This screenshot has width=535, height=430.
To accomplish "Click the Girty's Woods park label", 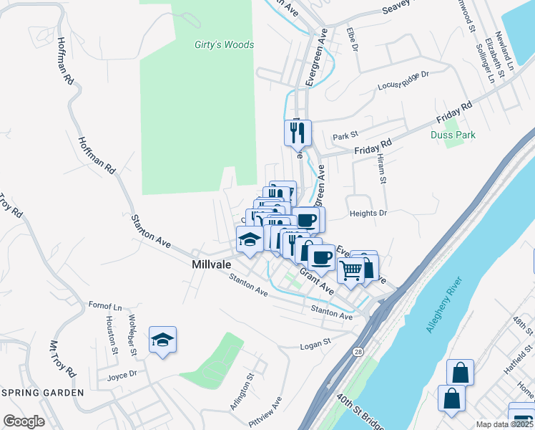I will (x=224, y=44).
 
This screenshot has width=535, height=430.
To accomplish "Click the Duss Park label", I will (x=453, y=135).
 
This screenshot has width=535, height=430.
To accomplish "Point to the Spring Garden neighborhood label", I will (x=42, y=393).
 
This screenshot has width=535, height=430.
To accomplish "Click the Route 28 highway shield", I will (x=357, y=352).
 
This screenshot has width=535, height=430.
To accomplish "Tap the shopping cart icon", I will (x=350, y=270).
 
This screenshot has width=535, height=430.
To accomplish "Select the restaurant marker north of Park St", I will (x=298, y=133).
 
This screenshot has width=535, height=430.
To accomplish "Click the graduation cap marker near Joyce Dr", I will (x=162, y=340).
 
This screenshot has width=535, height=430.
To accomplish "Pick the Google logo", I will (x=24, y=421).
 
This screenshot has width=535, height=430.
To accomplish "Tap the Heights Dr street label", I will (x=368, y=214).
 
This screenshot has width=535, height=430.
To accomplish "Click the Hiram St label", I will (x=381, y=171).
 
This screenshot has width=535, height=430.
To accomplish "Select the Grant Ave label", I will (x=317, y=279).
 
